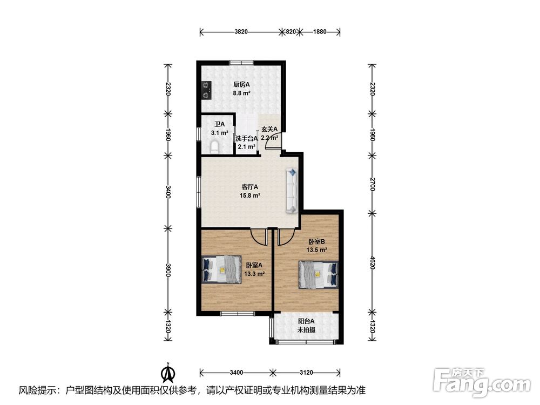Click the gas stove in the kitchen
click(x=206, y=90)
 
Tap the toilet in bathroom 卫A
click(x=214, y=147)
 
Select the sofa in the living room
click(x=292, y=190)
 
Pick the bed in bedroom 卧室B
click(x=318, y=274)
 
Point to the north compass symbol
click(x=168, y=373)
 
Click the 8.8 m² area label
click(x=241, y=93)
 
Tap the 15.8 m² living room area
click(x=249, y=195)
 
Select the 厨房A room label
click(x=241, y=84)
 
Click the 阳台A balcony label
click(x=306, y=321)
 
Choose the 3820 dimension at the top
click(x=241, y=32)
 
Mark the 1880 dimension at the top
click(x=320, y=32)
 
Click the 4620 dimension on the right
click(x=372, y=262)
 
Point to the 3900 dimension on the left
click(x=168, y=270)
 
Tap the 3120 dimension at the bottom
click(x=306, y=372)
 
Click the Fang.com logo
click(x=482, y=382)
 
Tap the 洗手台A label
click(x=247, y=138)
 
